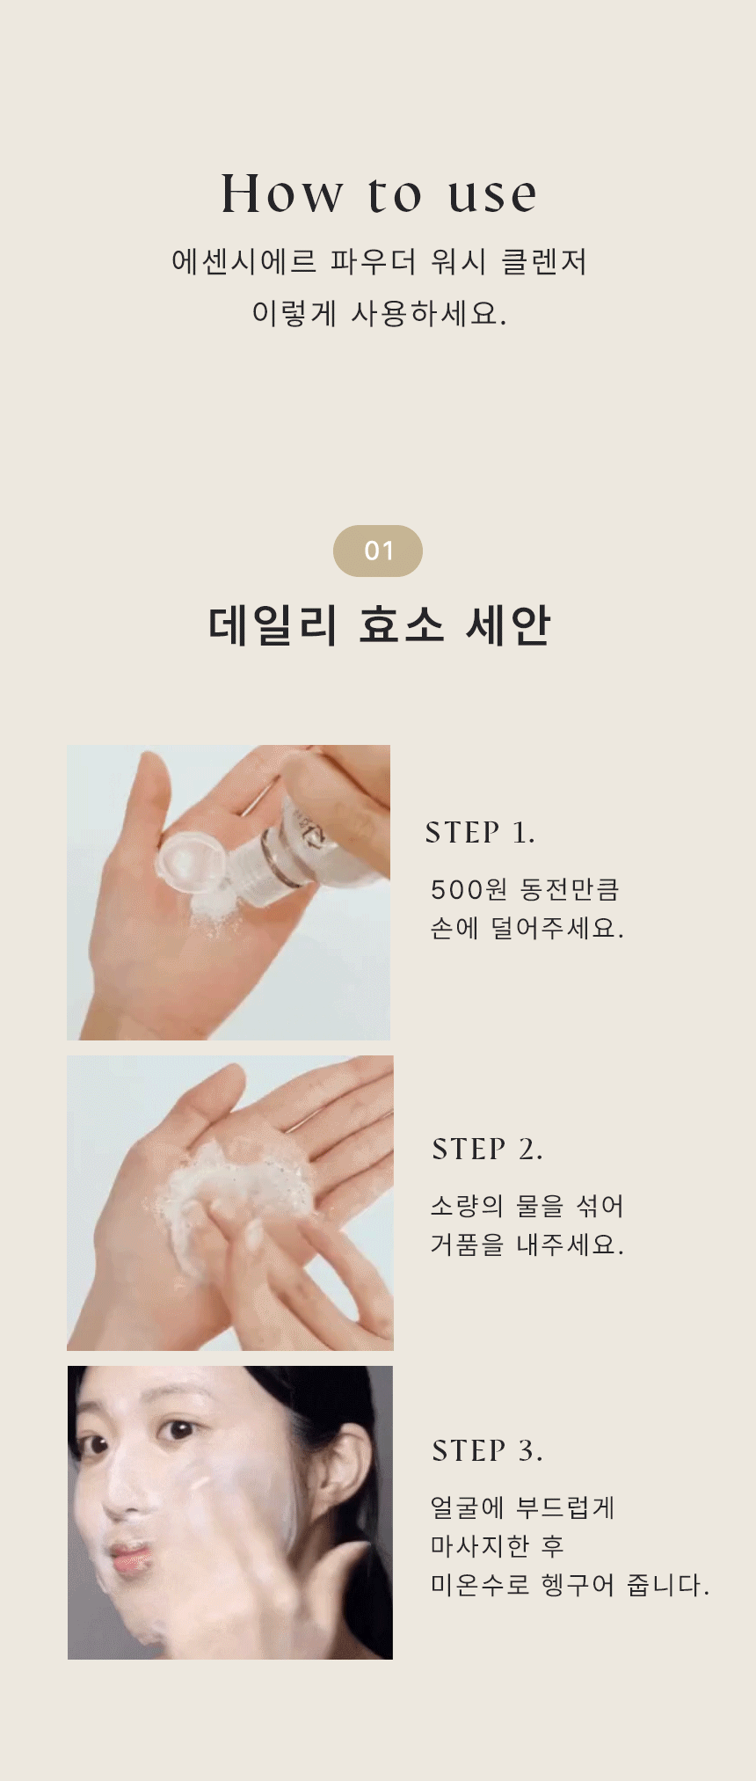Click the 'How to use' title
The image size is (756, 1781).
pos(378,193)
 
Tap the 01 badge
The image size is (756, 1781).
pos(378,551)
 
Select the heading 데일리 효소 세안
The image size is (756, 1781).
pos(379,625)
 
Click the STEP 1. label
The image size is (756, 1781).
pos(480,832)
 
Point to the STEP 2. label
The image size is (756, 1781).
pos(487,1149)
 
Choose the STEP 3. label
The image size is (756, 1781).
pos(487,1450)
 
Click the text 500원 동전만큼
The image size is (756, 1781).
pos(525,889)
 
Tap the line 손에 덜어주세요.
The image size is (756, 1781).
pos(527,928)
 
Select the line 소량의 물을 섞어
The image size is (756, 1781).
pos(527,1206)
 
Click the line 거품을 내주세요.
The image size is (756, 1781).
pos(527,1245)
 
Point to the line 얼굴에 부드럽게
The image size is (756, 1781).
pos(522,1507)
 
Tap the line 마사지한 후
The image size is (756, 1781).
pos(497,1546)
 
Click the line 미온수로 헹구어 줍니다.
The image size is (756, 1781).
pos(570,1585)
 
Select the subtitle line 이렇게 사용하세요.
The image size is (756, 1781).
pos(379,313)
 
